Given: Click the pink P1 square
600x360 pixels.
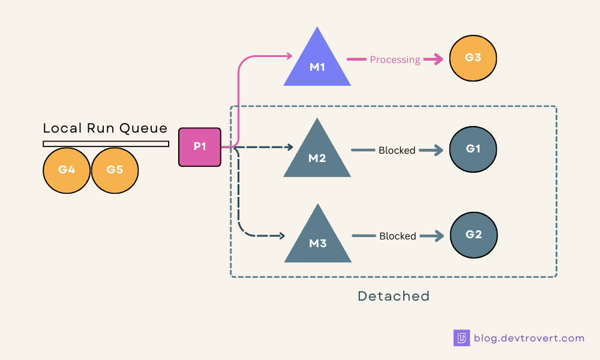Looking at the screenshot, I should pos(200,147).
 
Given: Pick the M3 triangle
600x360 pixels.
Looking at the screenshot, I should pos(317,239).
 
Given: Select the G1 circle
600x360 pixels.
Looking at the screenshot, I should pos(473,149).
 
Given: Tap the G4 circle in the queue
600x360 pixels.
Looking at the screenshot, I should pos(67,170).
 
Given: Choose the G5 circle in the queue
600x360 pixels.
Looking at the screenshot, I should pos(115,170).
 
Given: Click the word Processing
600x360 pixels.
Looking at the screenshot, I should pos(395,59).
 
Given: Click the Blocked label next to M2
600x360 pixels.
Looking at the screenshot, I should pos(397,150).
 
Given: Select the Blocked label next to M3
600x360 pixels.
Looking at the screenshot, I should pos(397,236).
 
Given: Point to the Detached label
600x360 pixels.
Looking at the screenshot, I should pos(394,296).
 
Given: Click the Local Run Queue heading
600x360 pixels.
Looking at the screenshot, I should pos(105,128).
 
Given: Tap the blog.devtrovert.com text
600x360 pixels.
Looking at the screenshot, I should pos(529,338).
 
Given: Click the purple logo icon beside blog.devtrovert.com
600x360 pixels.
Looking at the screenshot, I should pos(461,338).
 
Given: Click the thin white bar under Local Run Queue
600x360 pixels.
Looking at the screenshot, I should pos(106,143).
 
